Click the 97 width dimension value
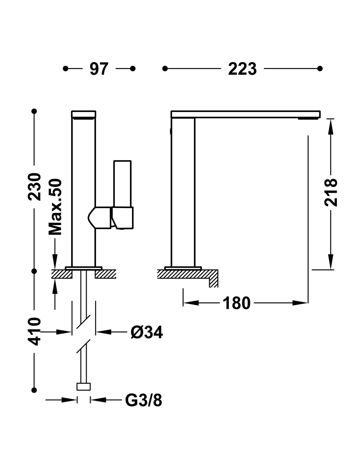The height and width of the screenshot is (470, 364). click(x=99, y=69)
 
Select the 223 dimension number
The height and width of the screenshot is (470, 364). click(x=242, y=69)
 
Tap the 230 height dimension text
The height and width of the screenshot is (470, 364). click(x=34, y=187)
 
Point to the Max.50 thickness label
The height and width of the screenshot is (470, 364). click(x=55, y=207)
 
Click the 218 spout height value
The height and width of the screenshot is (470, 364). click(x=331, y=192)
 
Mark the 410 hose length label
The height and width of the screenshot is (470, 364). click(x=34, y=331)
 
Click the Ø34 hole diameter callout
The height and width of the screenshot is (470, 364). click(x=147, y=332)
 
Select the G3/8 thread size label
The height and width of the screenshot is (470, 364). click(x=144, y=400)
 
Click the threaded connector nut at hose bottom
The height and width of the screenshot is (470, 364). click(x=84, y=386)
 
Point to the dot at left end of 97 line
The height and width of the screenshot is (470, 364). click(x=66, y=68)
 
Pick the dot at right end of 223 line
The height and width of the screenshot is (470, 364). click(x=320, y=68)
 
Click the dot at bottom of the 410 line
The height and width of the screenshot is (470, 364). click(x=34, y=390)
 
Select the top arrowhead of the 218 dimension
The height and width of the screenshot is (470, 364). click(x=331, y=127)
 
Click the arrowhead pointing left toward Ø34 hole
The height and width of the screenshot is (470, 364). click(x=104, y=332)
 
